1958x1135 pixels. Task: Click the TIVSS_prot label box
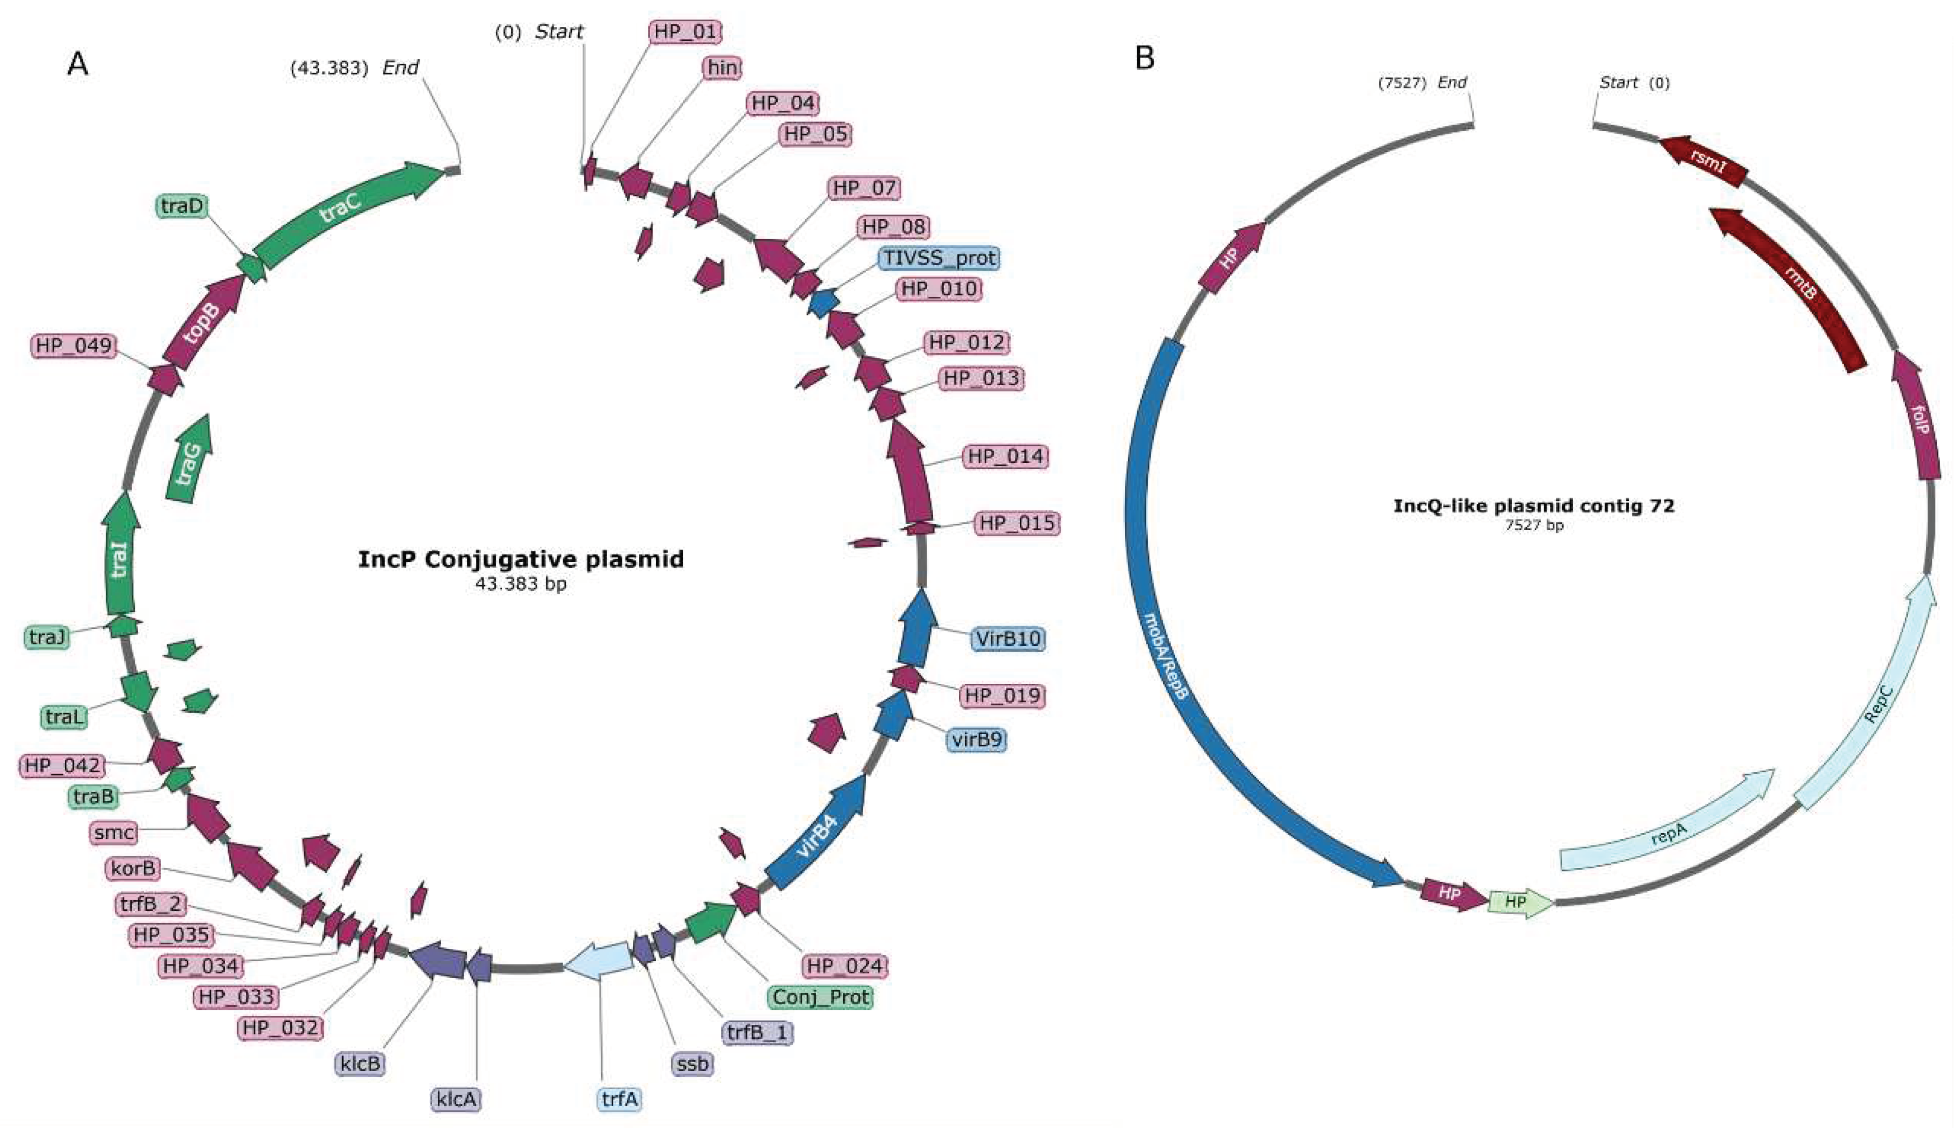pyautogui.click(x=939, y=258)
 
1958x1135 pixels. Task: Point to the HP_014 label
pyautogui.click(x=1005, y=456)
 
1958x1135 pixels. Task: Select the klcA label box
pyautogui.click(x=456, y=1099)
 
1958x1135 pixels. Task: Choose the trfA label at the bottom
pyautogui.click(x=619, y=1099)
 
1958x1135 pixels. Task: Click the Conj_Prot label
pyautogui.click(x=820, y=997)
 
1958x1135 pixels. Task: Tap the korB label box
pyautogui.click(x=133, y=868)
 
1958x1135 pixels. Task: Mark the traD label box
pyautogui.click(x=182, y=206)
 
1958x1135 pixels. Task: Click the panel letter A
pyautogui.click(x=78, y=64)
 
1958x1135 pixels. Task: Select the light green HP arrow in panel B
pyautogui.click(x=1517, y=902)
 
